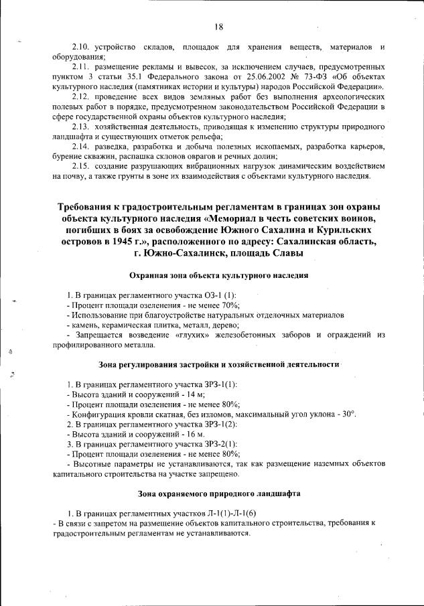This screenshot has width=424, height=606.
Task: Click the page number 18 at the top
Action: pyautogui.click(x=218, y=27)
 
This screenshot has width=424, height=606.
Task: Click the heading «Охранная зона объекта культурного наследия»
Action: pyautogui.click(x=218, y=276)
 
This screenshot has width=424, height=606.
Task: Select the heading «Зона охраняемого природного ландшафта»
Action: pyautogui.click(x=218, y=494)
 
